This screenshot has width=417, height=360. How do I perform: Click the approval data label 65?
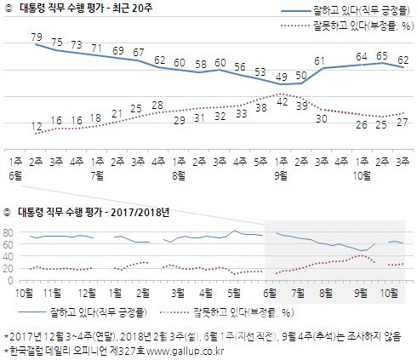click(382, 55)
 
